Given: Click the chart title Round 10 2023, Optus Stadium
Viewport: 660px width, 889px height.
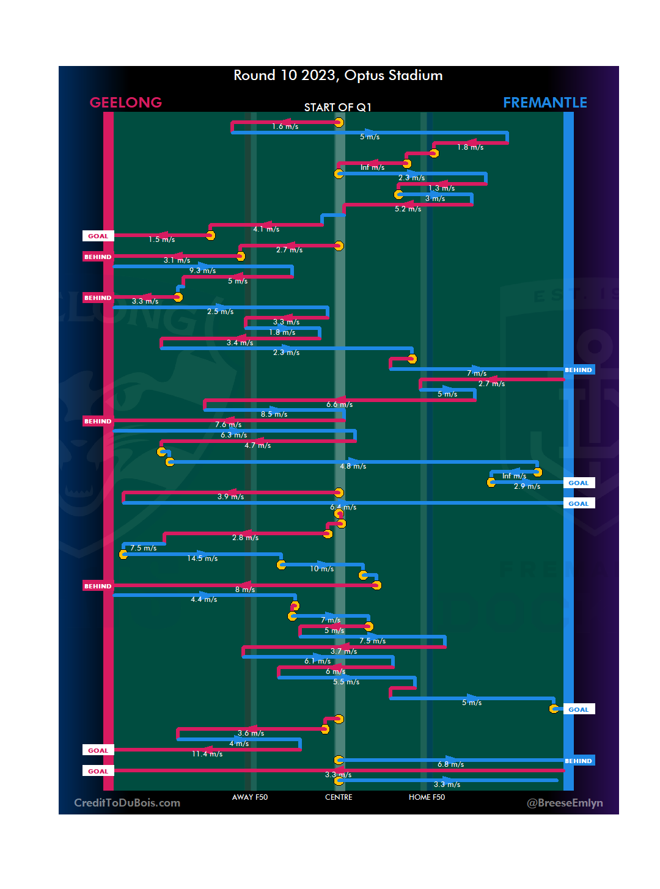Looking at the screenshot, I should click(338, 76).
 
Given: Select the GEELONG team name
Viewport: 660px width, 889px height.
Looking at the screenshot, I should click(126, 103).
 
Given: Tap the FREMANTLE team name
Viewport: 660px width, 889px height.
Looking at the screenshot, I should click(544, 103).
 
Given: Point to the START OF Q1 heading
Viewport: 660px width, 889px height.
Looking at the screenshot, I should click(338, 108).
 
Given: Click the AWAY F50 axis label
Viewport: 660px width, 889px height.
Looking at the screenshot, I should click(250, 797).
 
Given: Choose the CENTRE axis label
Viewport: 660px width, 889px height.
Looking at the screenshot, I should click(339, 797).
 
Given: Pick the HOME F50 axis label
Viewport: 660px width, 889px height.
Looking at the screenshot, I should click(427, 797).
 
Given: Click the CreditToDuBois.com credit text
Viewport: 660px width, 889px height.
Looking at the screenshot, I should click(127, 803).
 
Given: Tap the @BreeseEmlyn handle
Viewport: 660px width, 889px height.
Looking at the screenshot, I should click(565, 803).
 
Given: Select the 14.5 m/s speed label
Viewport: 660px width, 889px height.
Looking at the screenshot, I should click(202, 558).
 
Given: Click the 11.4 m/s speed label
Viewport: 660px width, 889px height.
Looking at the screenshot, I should click(207, 754).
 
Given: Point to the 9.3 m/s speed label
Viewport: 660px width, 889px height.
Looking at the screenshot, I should click(202, 271).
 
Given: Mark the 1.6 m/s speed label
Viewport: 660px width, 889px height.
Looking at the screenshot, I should click(285, 126).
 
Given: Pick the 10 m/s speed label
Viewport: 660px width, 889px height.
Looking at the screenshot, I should click(321, 569).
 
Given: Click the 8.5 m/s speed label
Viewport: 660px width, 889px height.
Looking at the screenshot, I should click(274, 414).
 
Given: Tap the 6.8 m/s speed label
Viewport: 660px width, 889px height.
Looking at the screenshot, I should click(450, 764).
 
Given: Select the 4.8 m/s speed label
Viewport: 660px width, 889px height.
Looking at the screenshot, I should click(353, 466).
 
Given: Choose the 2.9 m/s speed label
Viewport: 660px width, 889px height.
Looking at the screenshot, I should click(527, 486).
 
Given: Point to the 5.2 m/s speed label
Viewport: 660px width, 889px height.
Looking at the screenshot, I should click(408, 209).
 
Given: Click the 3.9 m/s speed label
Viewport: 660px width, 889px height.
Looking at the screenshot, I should click(230, 497).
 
